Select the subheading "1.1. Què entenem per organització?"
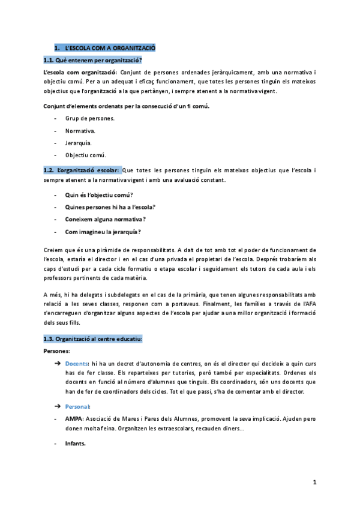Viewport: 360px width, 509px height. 92,60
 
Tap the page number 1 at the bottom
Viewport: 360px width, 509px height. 314,482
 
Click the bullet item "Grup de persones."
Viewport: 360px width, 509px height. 89,118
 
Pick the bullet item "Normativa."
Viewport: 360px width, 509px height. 80,130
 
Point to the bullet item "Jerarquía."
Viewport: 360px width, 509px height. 79,143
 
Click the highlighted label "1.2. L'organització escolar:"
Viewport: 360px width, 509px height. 82,170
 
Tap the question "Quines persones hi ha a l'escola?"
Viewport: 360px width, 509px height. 110,207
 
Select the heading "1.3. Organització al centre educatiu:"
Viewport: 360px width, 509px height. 93,339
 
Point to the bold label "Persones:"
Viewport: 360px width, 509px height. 57,350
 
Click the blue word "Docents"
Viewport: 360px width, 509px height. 77,364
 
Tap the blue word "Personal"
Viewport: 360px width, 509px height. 77,406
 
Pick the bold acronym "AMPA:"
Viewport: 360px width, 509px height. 75,418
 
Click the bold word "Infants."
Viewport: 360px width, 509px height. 76,444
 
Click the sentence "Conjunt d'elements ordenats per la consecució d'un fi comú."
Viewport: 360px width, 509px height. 127,106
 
